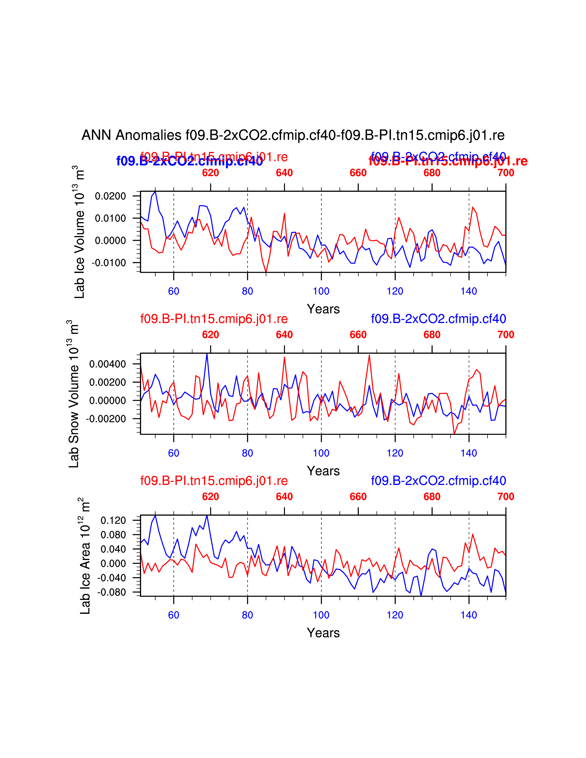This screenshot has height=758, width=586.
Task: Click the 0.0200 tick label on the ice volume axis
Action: point(110,196)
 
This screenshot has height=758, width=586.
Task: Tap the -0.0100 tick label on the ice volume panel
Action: point(109,263)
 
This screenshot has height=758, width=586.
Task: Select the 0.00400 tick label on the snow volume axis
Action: point(108,364)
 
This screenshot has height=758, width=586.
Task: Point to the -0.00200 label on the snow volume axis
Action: point(106,419)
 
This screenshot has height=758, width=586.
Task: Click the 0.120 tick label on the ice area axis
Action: point(113,520)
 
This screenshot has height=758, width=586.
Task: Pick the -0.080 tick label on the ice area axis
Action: point(111,592)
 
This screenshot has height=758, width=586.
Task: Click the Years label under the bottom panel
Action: point(323,633)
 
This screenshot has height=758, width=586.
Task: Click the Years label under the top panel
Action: point(323,309)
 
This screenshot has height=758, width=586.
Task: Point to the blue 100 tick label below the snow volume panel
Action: point(321,453)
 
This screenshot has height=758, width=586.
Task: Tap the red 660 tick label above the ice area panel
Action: point(358,497)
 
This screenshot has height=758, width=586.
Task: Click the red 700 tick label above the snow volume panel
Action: point(506,335)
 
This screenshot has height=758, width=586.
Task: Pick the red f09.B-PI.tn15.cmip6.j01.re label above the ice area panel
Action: point(214,481)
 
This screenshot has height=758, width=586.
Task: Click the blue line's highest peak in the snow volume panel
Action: point(207,354)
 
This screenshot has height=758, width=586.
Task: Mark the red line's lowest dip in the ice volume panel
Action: point(266,272)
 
